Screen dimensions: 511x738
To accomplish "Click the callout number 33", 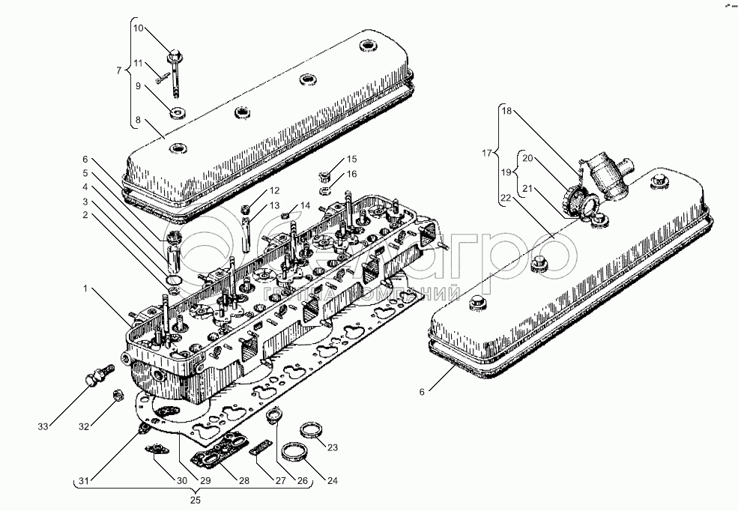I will (43, 427).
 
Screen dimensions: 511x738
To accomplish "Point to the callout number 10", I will (139, 28).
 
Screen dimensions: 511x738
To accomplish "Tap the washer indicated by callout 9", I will (178, 114).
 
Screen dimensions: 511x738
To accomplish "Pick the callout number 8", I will (138, 119).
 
